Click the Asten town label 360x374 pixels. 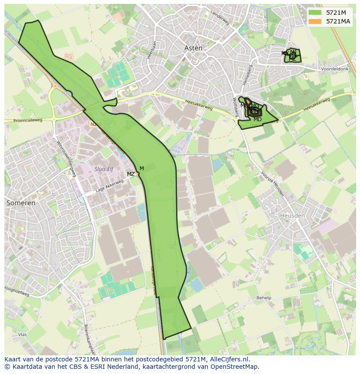193,48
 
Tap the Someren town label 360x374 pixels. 21,203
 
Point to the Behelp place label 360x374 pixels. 263,298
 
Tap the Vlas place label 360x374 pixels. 23,335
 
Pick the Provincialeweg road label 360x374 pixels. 28,121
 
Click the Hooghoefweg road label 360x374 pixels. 17,291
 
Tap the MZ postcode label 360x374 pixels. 130,174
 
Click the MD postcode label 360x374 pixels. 257,119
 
